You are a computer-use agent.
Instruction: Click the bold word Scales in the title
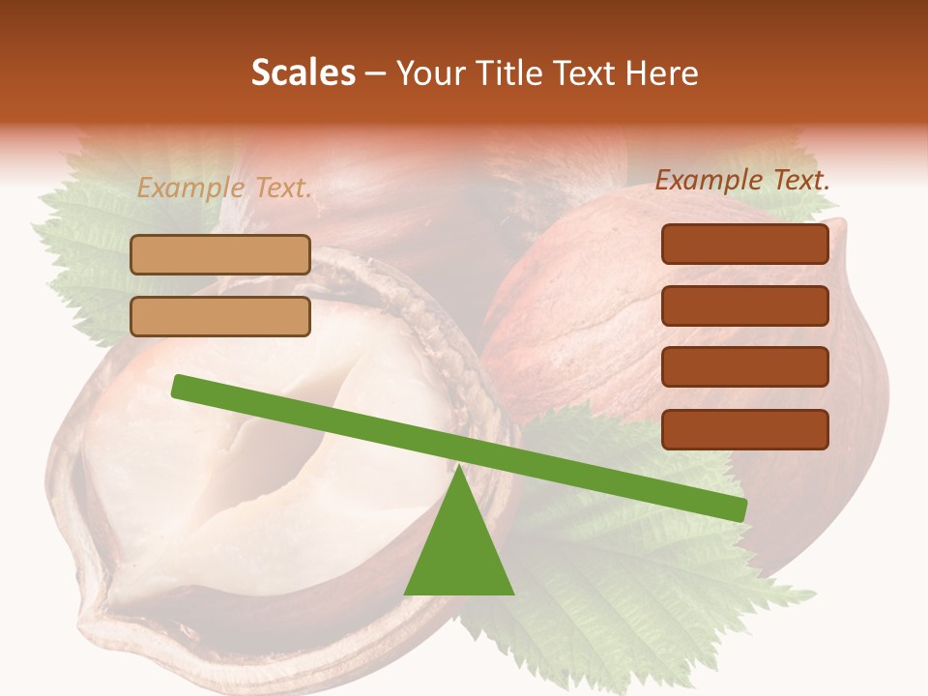(x=303, y=73)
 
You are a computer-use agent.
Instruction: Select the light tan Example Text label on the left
(x=224, y=188)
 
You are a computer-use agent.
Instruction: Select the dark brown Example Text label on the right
(x=742, y=180)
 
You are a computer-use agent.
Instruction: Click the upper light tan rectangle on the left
(x=220, y=255)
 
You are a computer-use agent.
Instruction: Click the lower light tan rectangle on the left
(x=220, y=316)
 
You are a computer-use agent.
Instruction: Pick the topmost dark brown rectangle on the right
(x=744, y=244)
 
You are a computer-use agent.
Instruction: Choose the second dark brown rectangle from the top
(x=744, y=305)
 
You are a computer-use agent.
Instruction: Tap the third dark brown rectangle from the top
(x=744, y=367)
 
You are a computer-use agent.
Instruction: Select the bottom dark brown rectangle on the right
(x=744, y=429)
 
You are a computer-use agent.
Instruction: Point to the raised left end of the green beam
(x=180, y=386)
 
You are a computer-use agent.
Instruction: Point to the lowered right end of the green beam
(x=739, y=509)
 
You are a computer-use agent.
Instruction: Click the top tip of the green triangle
(x=458, y=470)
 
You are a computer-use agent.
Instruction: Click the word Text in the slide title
(x=583, y=73)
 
